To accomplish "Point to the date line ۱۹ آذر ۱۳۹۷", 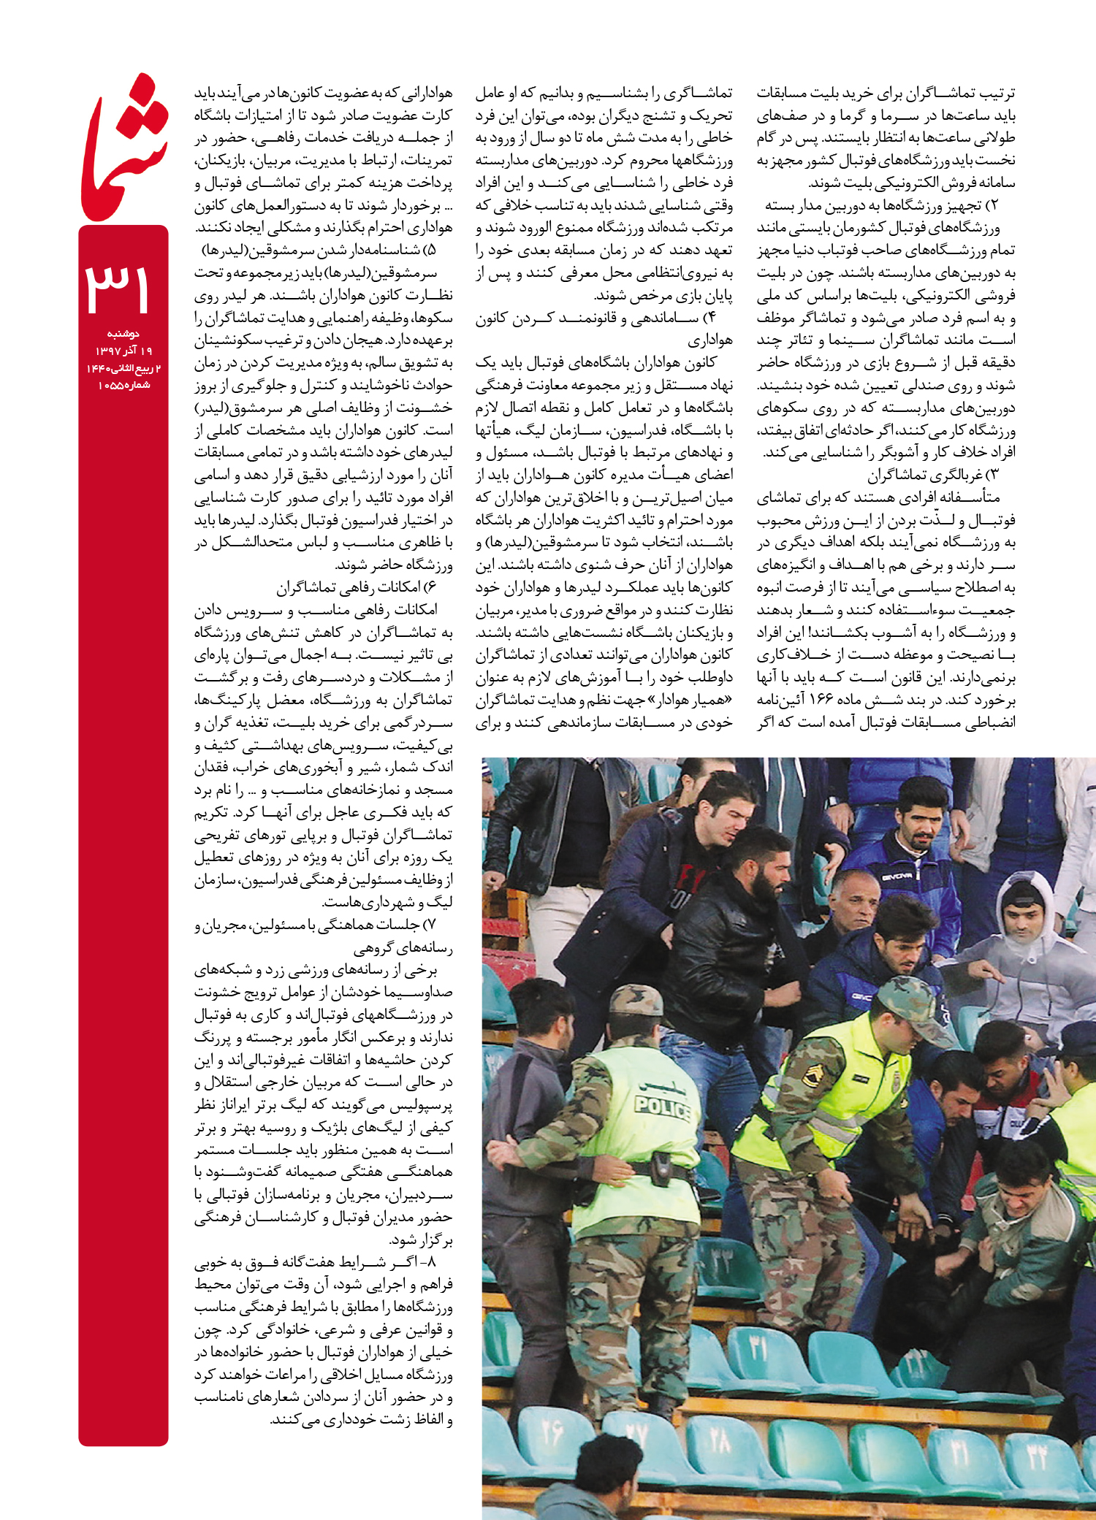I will pos(123,351).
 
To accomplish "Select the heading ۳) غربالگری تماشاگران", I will pos(933,476).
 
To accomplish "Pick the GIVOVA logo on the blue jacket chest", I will pos(896,876).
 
